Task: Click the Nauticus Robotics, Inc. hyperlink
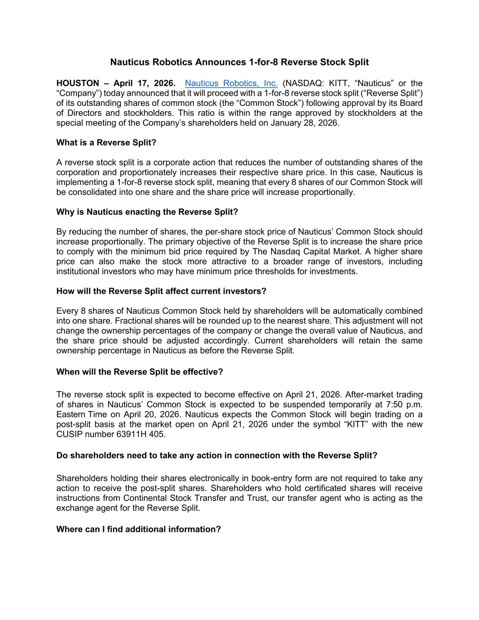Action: (231, 83)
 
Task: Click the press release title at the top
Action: (239, 62)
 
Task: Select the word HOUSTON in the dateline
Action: (78, 83)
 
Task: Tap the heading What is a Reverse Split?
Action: (106, 143)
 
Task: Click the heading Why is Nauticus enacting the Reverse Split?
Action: (147, 212)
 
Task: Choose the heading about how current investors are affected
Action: (161, 291)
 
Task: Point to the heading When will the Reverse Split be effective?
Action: (139, 372)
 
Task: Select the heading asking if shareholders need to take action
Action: (217, 456)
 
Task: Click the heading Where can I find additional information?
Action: (138, 529)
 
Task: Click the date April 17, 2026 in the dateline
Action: (144, 83)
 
